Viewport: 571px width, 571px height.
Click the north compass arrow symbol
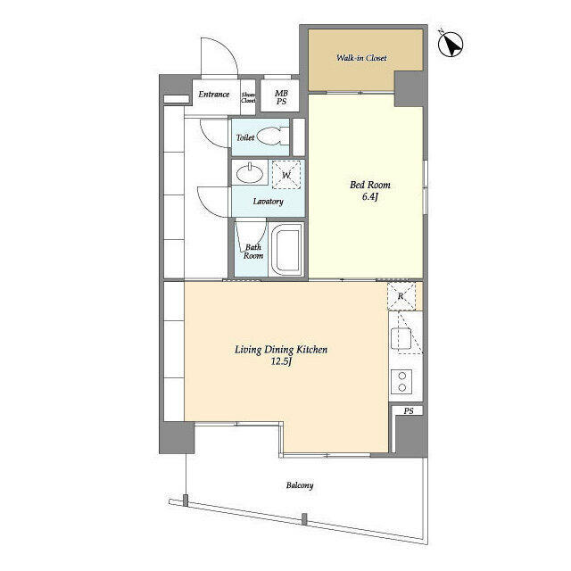tap(451, 44)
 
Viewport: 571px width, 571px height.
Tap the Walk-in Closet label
tap(360, 59)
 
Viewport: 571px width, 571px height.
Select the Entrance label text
tap(214, 95)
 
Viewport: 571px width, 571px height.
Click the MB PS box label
tap(281, 96)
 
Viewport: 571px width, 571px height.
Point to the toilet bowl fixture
tap(273, 137)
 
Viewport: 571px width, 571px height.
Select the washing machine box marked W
tap(286, 175)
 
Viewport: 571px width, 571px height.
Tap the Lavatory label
tap(268, 202)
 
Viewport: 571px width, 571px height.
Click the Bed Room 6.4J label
tap(368, 190)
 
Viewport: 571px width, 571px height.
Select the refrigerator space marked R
tap(401, 296)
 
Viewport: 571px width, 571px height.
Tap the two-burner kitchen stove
tap(401, 381)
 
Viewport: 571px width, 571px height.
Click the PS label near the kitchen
tap(408, 411)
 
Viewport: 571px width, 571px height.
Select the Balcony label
tap(300, 485)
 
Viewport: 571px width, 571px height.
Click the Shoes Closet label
tap(248, 97)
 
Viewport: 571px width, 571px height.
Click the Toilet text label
tap(245, 138)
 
